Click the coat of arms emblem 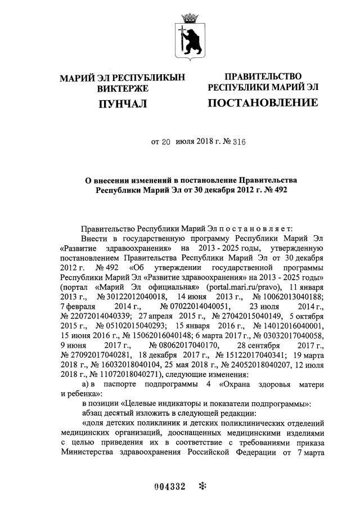(x=187, y=36)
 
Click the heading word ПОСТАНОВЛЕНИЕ (x=263, y=102)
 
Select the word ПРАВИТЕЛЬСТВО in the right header (x=263, y=77)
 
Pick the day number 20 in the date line (x=165, y=142)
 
